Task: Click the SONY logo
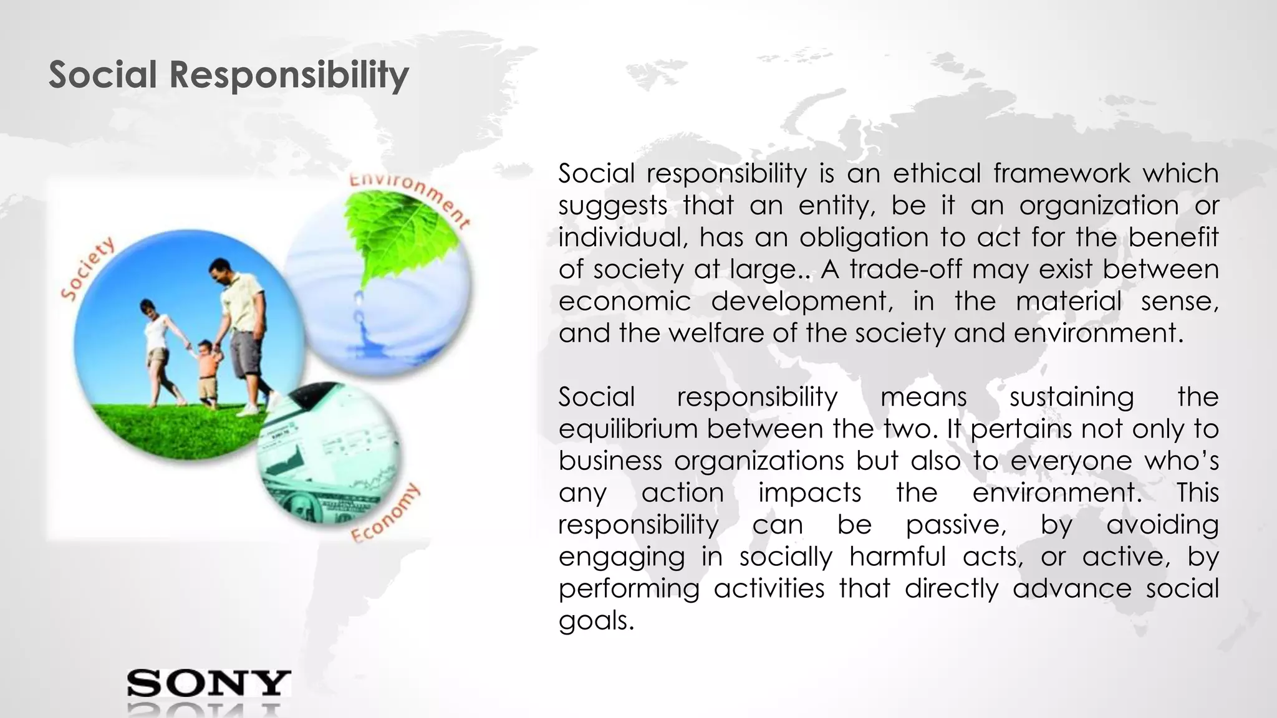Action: [x=209, y=684]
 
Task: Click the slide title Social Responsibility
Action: [x=228, y=75]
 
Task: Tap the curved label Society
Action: [x=88, y=268]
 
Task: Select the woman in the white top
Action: [x=158, y=349]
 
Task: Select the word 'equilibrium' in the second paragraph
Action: [x=626, y=429]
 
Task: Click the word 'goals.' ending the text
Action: [x=596, y=620]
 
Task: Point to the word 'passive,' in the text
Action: [x=956, y=525]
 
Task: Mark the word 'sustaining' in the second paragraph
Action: [x=1071, y=397]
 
